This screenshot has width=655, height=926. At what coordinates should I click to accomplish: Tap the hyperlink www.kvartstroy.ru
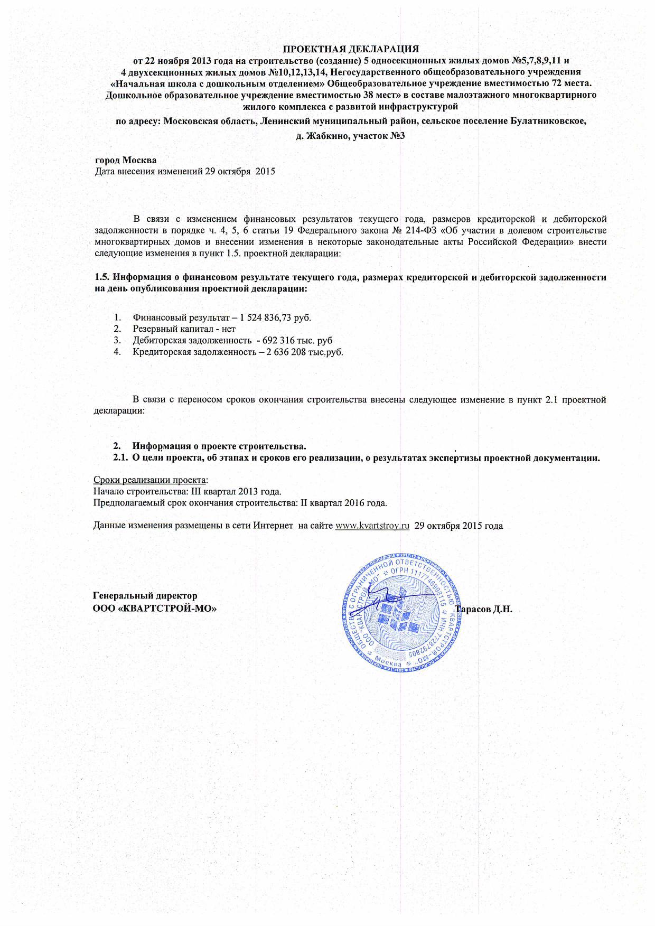coord(373,526)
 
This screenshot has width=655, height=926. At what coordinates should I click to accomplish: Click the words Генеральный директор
coord(145,595)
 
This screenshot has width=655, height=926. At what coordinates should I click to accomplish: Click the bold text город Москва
coord(125,160)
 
